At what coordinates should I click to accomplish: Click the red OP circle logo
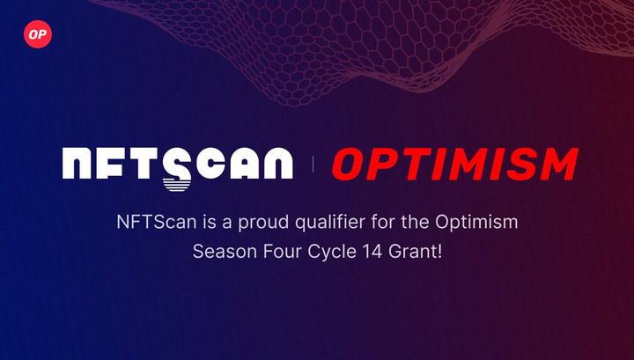point(38,34)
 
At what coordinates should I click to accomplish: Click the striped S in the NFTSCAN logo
point(176,170)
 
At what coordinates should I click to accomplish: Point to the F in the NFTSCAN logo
point(117,164)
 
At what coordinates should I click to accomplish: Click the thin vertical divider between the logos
point(313,164)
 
